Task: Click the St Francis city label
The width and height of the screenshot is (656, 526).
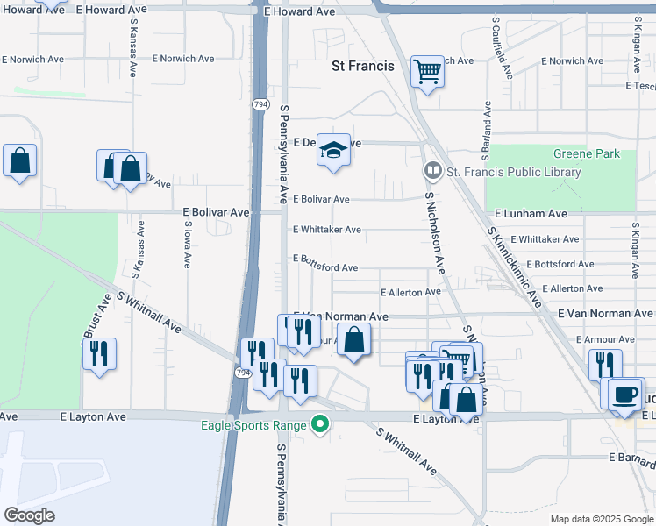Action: pyautogui.click(x=362, y=66)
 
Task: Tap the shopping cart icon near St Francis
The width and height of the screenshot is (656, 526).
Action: pyautogui.click(x=427, y=71)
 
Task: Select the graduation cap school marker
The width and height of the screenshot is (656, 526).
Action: pyautogui.click(x=333, y=152)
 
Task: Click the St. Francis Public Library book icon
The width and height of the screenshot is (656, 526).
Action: pyautogui.click(x=431, y=171)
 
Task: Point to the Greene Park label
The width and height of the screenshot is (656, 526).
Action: pyautogui.click(x=586, y=154)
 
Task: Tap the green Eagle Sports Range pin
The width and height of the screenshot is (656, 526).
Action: pyautogui.click(x=321, y=426)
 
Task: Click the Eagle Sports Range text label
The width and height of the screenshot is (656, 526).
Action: pyautogui.click(x=251, y=427)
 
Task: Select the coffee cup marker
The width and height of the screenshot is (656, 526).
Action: pyautogui.click(x=626, y=394)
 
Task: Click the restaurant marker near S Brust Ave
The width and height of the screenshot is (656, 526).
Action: pyautogui.click(x=99, y=354)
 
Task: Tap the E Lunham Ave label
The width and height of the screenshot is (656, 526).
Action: pyautogui.click(x=531, y=214)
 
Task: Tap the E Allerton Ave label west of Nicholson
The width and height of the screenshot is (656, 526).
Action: pyautogui.click(x=410, y=292)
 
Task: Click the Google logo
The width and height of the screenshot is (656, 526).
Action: pyautogui.click(x=29, y=515)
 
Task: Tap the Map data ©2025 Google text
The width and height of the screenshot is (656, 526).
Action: pyautogui.click(x=601, y=519)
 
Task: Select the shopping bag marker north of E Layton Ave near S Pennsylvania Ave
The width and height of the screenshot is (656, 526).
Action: pyautogui.click(x=353, y=340)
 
